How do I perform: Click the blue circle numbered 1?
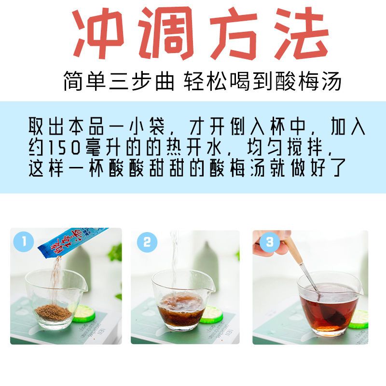point(23,241)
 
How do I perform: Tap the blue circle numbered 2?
point(147,242)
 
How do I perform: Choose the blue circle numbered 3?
point(270,242)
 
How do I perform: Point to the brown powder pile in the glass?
point(54,312)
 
